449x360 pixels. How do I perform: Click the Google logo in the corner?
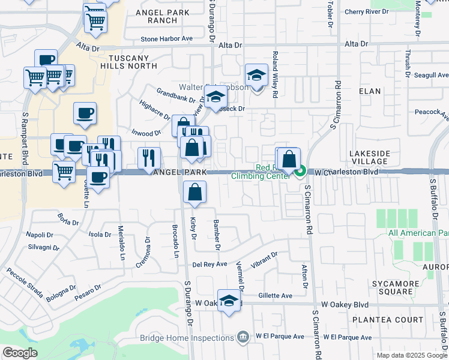pos(20,353)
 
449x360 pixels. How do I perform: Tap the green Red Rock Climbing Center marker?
pos(301,172)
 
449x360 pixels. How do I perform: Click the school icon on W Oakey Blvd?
pos(229,302)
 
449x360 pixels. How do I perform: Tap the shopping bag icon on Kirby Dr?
pos(195,192)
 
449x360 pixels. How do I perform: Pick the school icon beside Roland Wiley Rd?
pos(256,76)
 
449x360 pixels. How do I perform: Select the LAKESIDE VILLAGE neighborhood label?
pos(369,157)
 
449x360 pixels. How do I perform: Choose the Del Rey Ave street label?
pos(209,264)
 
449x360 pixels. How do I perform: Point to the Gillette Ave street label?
pos(275,296)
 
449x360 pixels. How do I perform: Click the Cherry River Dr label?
pos(367,11)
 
